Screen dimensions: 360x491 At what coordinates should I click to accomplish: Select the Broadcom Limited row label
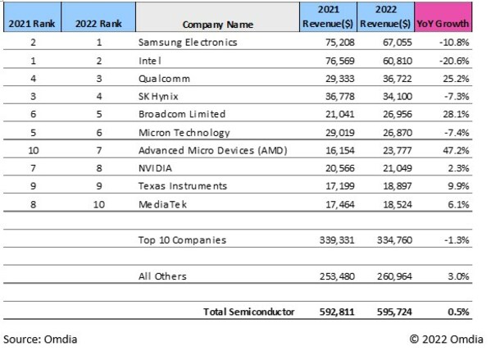tap(182, 114)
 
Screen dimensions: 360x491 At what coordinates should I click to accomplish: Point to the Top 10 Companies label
tap(182, 240)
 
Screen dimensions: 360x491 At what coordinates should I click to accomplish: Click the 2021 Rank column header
tap(33, 23)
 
